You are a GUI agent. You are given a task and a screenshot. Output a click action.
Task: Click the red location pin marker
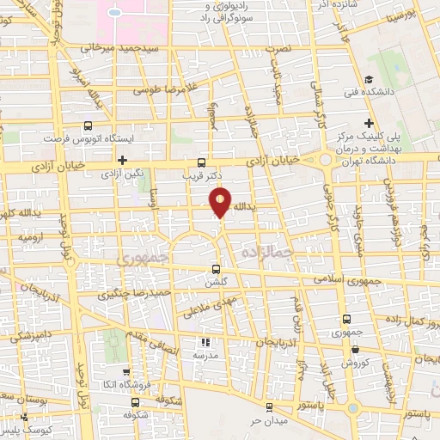coord(222,204)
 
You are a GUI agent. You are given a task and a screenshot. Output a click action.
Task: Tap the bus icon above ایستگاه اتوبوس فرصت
coord(88,125)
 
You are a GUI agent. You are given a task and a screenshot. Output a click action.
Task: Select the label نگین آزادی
coord(124,174)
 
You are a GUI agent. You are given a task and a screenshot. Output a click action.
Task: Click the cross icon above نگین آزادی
coord(124,160)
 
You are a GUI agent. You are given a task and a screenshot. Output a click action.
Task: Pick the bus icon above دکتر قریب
coord(201,162)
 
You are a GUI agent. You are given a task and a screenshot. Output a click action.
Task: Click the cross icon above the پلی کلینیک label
coord(369,123)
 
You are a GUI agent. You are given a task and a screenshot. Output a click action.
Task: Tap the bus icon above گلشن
coord(215,268)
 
